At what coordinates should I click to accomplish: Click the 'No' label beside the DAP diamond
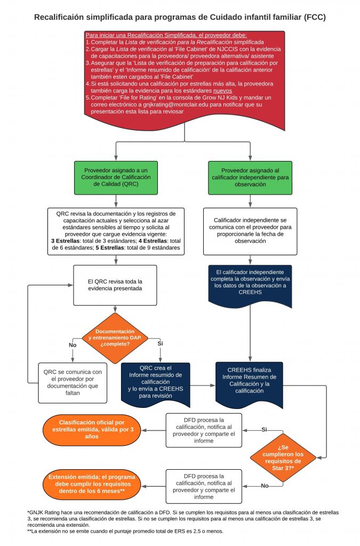(x=73, y=345)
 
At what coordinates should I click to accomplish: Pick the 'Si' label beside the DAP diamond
(x=160, y=343)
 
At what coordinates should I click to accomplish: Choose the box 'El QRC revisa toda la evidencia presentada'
(x=115, y=285)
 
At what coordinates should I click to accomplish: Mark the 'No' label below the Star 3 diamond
(x=265, y=485)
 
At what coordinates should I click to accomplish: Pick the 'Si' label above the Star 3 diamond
(x=264, y=429)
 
